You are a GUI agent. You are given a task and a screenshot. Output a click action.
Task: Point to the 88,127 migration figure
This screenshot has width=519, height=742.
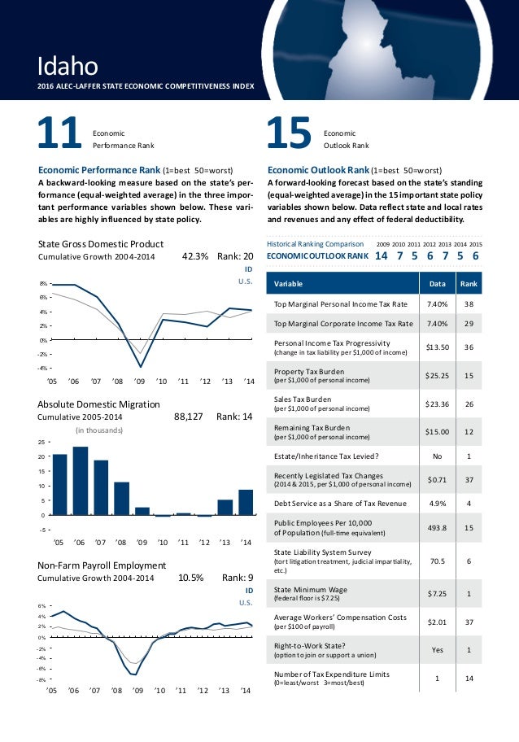pyautogui.click(x=189, y=417)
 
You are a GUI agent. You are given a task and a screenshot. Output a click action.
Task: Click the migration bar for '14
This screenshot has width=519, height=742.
pyautogui.click(x=246, y=502)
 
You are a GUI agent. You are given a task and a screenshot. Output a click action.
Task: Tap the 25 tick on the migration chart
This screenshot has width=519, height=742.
pyautogui.click(x=43, y=442)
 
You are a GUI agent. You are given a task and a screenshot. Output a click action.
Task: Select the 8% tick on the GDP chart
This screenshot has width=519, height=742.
pyautogui.click(x=43, y=283)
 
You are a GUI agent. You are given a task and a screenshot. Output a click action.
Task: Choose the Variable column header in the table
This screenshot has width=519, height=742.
pyautogui.click(x=290, y=284)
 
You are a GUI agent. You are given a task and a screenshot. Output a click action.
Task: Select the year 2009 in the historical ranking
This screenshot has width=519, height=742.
pyautogui.click(x=382, y=243)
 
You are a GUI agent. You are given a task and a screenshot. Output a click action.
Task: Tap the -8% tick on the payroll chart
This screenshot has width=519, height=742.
pyautogui.click(x=41, y=678)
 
